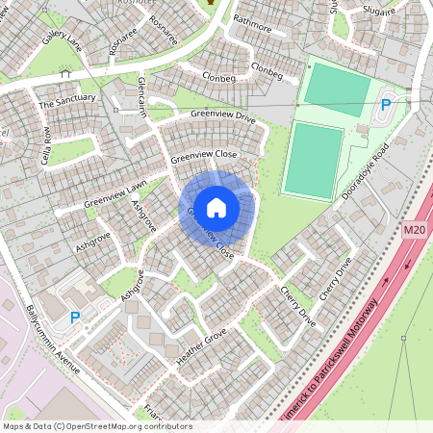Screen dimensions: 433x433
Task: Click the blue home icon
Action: pyautogui.click(x=216, y=207)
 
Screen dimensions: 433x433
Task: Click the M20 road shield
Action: pyautogui.click(x=414, y=230)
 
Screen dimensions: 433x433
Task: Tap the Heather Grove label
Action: pyautogui.click(x=201, y=347)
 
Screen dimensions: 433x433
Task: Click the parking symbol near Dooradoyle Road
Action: pyautogui.click(x=387, y=104)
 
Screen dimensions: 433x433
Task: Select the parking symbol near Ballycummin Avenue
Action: pyautogui.click(x=75, y=316)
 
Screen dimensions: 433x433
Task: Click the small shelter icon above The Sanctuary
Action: pyautogui.click(x=65, y=73)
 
